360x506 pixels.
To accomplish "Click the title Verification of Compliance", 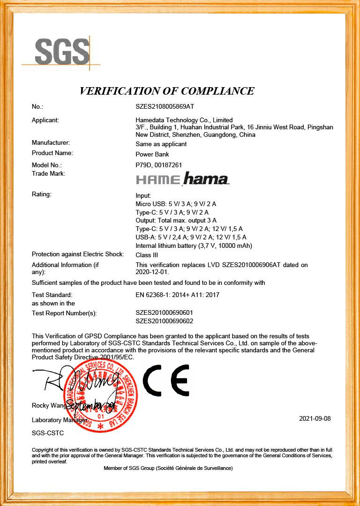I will [167, 91].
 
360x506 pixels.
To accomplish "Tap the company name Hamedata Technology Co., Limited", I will [184, 120].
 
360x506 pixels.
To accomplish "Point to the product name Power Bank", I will [152, 154].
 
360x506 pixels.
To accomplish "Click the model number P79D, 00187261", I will [158, 165].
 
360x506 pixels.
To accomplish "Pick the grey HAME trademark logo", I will [157, 179].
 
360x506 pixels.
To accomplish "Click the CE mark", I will [165, 380].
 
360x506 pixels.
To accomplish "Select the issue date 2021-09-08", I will [315, 418].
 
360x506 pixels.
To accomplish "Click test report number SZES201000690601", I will [164, 313].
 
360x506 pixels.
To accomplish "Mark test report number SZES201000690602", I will [164, 321].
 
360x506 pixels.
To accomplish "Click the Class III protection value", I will [147, 255].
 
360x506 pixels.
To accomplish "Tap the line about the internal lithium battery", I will [194, 246].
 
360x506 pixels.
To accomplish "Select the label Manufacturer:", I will [51, 142].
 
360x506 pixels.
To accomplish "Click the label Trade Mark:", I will [48, 173].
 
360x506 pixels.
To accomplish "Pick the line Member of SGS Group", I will [168, 468].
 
